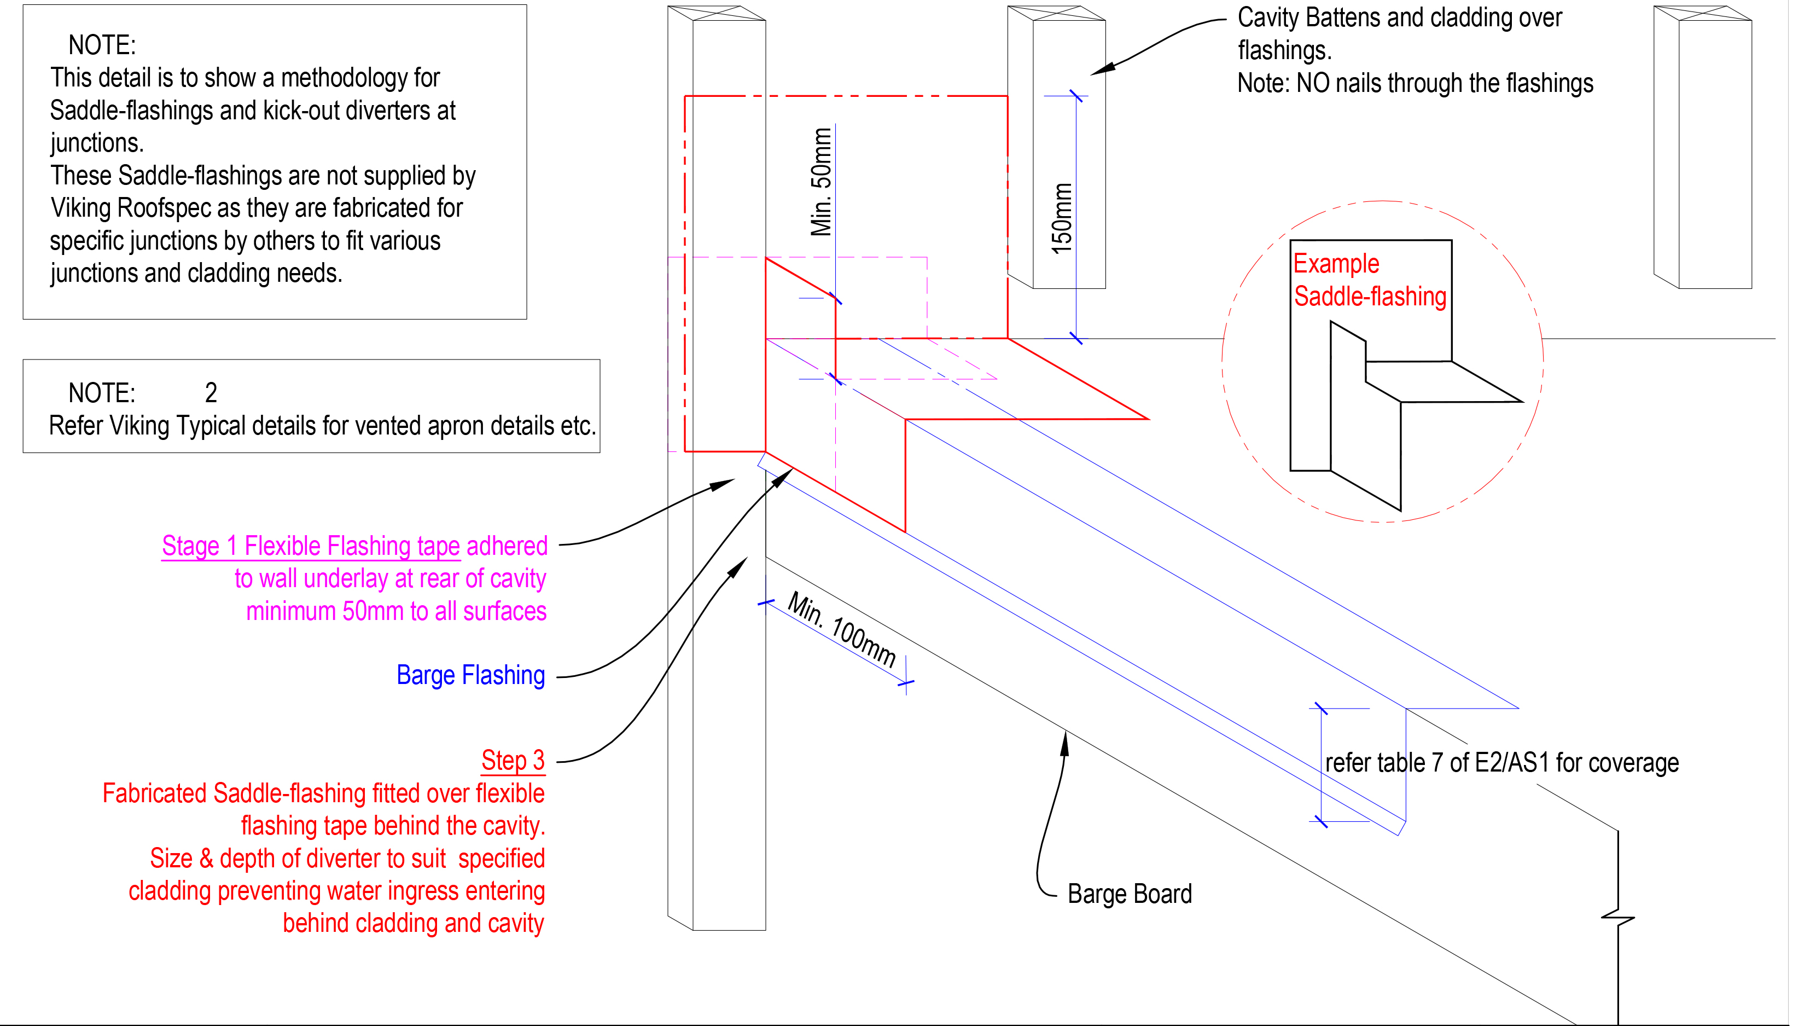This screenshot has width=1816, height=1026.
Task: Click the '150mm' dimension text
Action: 1062,218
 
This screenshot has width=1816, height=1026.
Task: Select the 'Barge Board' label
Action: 1130,894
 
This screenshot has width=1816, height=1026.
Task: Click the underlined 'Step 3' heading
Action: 513,760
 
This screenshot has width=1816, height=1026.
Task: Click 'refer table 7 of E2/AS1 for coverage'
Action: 1501,763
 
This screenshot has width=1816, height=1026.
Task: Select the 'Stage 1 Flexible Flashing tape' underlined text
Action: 310,546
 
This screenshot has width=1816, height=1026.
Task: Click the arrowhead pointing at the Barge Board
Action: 1065,742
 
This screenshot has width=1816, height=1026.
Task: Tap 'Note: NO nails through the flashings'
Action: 1415,83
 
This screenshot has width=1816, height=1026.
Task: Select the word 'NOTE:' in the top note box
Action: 102,45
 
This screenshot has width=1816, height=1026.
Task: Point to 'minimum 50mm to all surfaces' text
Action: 395,611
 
